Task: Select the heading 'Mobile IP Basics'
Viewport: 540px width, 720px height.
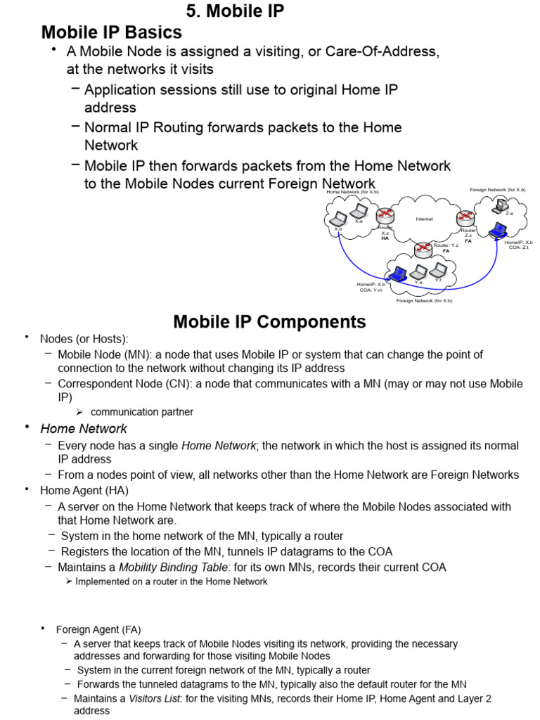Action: coord(112,32)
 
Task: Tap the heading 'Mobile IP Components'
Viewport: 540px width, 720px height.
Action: coord(269,322)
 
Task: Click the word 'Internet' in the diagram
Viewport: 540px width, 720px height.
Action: coord(424,219)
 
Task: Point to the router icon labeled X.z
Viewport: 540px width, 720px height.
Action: coord(385,216)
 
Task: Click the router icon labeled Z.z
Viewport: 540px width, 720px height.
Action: coord(466,218)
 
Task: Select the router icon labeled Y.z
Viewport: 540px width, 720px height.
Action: coord(423,247)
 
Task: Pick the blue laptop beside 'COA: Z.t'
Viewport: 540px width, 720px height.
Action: coord(499,230)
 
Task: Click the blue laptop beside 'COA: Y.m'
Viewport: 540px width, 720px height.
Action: coord(399,273)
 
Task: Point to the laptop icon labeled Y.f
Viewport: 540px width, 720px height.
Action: coord(439,270)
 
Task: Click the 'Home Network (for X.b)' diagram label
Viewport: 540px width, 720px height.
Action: coord(352,192)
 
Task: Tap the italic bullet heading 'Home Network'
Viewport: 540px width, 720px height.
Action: coord(84,429)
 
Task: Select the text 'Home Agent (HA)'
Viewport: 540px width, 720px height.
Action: coord(84,490)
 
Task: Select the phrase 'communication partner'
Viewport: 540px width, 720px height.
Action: coord(142,412)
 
